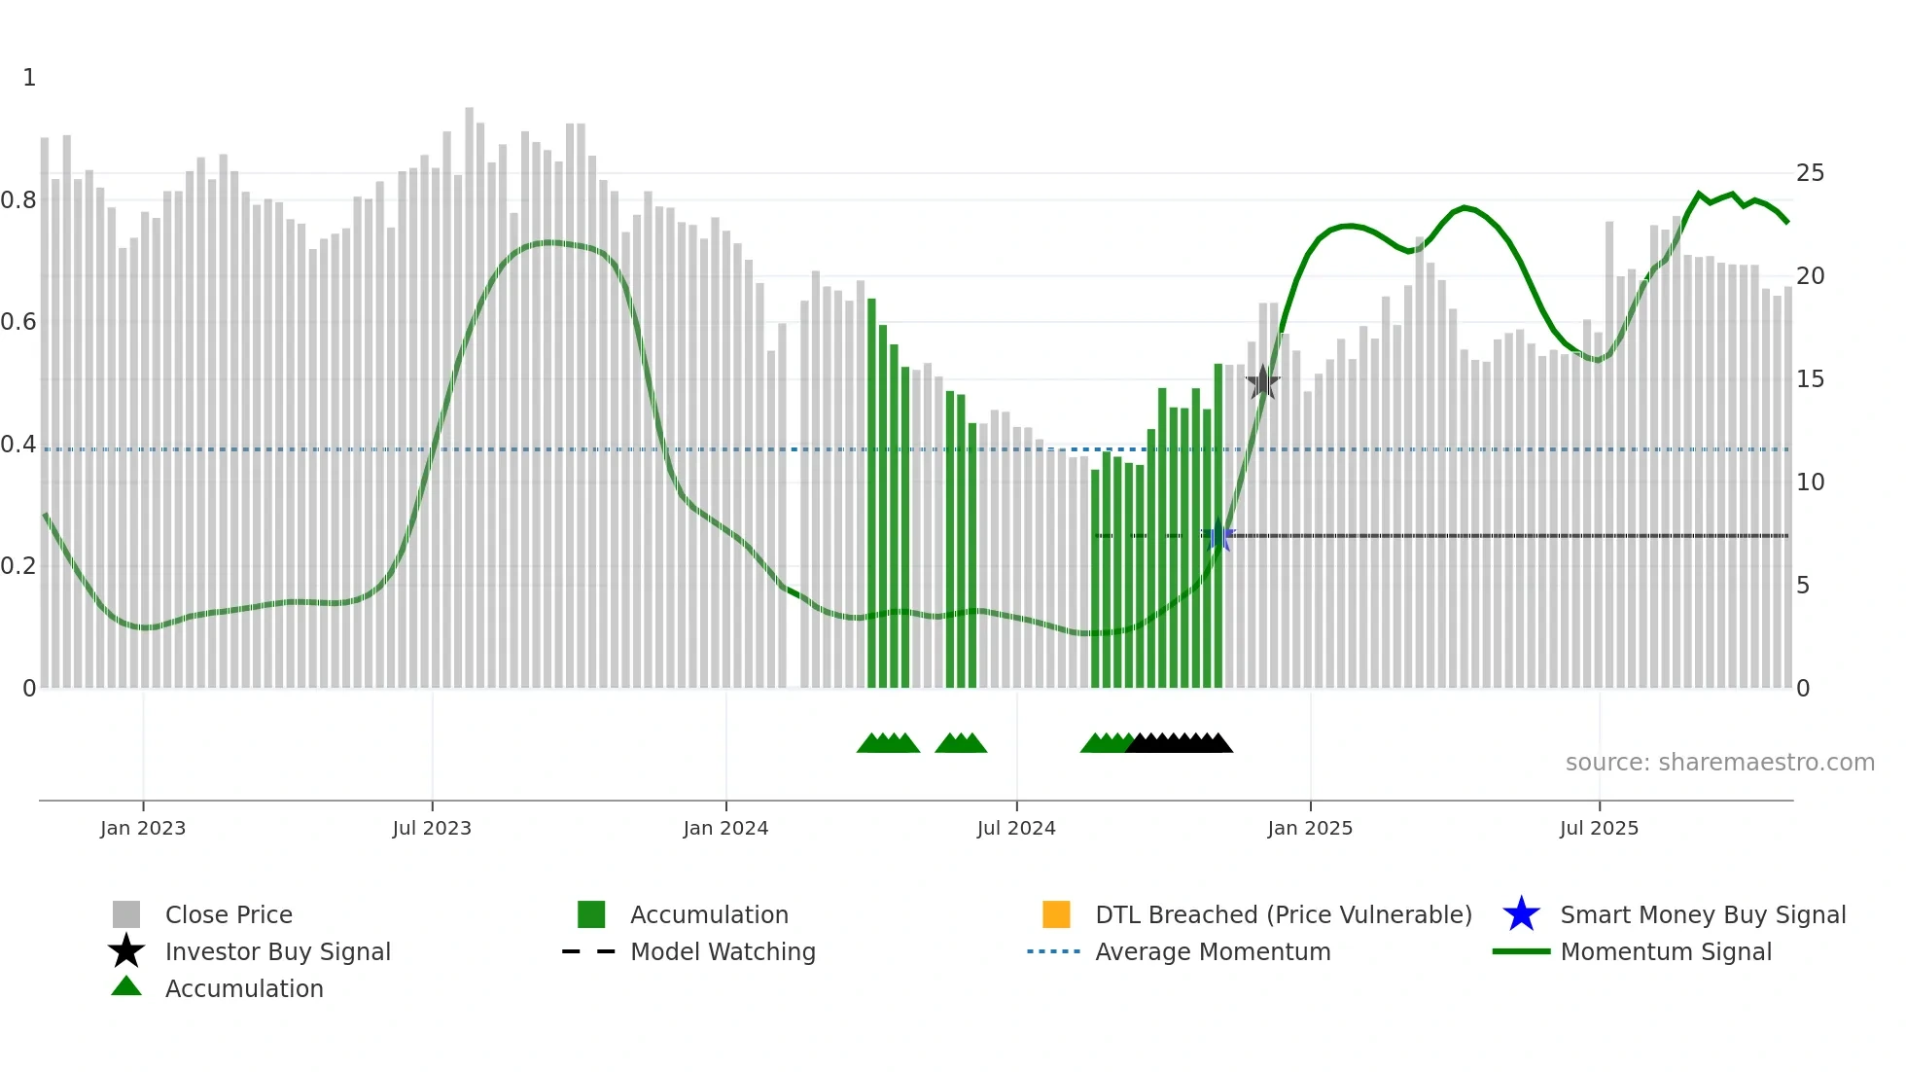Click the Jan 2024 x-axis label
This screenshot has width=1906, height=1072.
[x=725, y=828]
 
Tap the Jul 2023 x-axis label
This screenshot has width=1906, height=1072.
[x=432, y=828]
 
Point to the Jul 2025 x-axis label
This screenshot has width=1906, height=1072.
[x=1599, y=828]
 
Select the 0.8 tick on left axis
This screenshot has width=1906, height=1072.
[x=18, y=200]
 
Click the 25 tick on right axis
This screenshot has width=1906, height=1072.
[x=1810, y=173]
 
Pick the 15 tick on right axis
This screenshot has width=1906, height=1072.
[x=1810, y=379]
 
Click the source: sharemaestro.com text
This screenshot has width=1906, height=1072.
[x=1719, y=763]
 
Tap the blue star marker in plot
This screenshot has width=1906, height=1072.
[x=1218, y=535]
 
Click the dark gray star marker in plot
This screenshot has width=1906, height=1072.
[x=1262, y=382]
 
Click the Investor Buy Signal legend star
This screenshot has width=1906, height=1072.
[x=126, y=951]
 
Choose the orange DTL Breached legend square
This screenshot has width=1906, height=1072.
[x=1056, y=914]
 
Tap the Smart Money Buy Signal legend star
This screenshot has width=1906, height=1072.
[x=1521, y=914]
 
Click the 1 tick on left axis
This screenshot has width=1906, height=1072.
[x=29, y=78]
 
